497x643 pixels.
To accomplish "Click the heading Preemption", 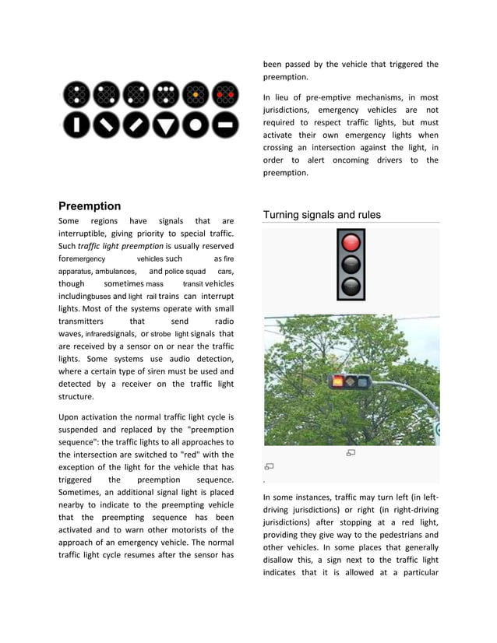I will pos(90,206).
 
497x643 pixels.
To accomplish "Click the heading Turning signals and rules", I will pos(322,215).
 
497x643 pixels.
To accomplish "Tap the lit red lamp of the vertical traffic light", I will pos(351,242).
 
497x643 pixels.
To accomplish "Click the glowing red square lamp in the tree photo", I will pos(338,382).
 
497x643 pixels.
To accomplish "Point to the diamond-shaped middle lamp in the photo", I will pos(351,382).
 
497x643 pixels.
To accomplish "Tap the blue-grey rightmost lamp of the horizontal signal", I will pos(362,382).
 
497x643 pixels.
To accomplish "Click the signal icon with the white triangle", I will pos(165,125).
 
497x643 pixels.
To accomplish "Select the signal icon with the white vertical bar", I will pos(76,125).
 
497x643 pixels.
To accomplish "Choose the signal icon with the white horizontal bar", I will pos(225,125).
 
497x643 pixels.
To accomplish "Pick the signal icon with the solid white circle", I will pos(196,125).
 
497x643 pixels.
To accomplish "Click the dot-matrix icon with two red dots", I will pos(225,95).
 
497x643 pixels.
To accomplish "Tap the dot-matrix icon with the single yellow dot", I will pos(196,95).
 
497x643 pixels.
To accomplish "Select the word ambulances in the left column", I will pos(116,272).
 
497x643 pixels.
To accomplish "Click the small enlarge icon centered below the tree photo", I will pos(351,453).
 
